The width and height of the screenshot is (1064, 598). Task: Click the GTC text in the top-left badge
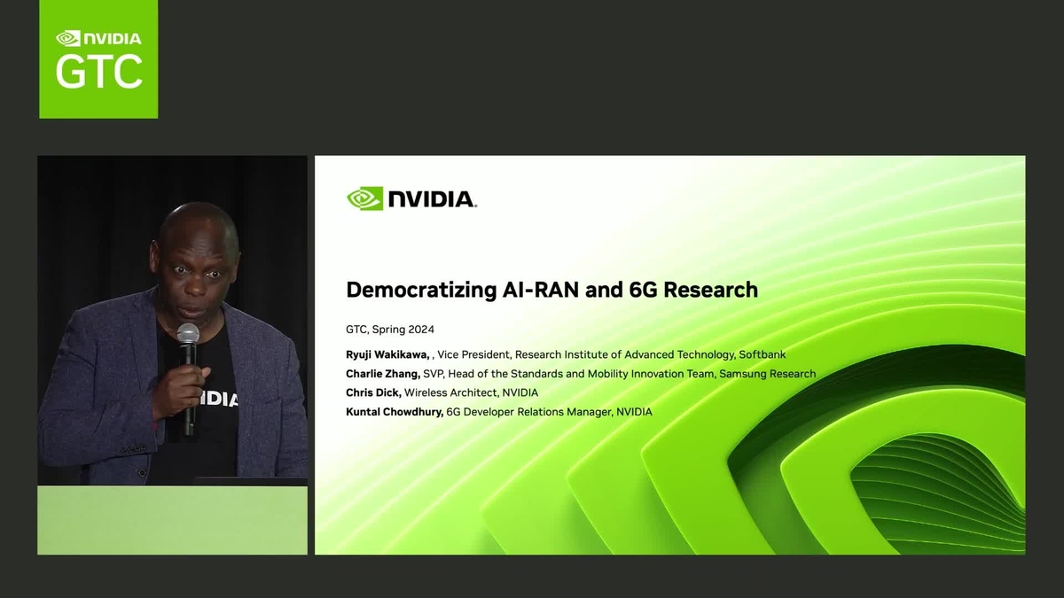pyautogui.click(x=98, y=70)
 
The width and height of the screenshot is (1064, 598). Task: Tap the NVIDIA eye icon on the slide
pyautogui.click(x=364, y=198)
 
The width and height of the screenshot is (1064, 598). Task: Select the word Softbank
pyautogui.click(x=762, y=354)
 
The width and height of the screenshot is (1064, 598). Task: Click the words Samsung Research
pyautogui.click(x=767, y=374)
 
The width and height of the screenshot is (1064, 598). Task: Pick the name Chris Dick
pyautogui.click(x=372, y=392)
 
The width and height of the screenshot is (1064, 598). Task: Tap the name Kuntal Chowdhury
pyautogui.click(x=394, y=412)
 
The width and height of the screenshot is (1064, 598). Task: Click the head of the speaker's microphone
pyautogui.click(x=188, y=335)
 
